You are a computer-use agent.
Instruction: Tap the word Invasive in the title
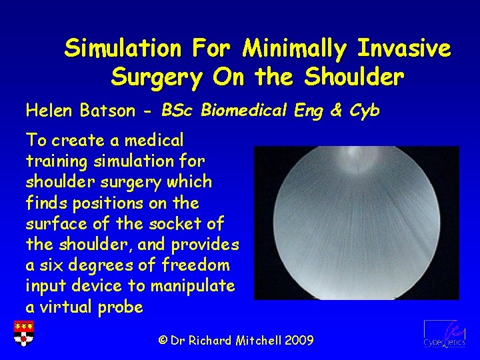tap(405, 48)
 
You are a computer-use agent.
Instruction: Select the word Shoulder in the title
tap(353, 77)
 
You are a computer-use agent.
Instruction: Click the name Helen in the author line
tap(49, 110)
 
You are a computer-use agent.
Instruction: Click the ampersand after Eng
tap(335, 110)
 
